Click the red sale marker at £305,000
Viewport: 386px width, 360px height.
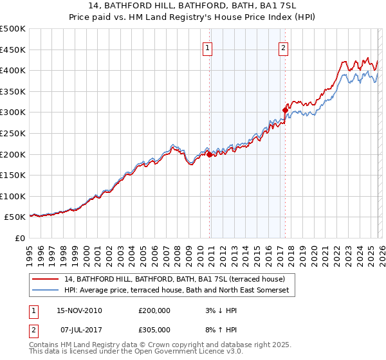(x=285, y=110)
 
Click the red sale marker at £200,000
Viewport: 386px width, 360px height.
(x=210, y=154)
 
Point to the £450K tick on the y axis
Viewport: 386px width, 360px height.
(x=13, y=50)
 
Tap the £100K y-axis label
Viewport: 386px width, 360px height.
(x=13, y=196)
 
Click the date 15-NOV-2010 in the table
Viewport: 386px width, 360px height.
(x=79, y=310)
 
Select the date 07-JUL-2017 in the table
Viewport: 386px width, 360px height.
(x=78, y=331)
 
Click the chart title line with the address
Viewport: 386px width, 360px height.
(x=193, y=8)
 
